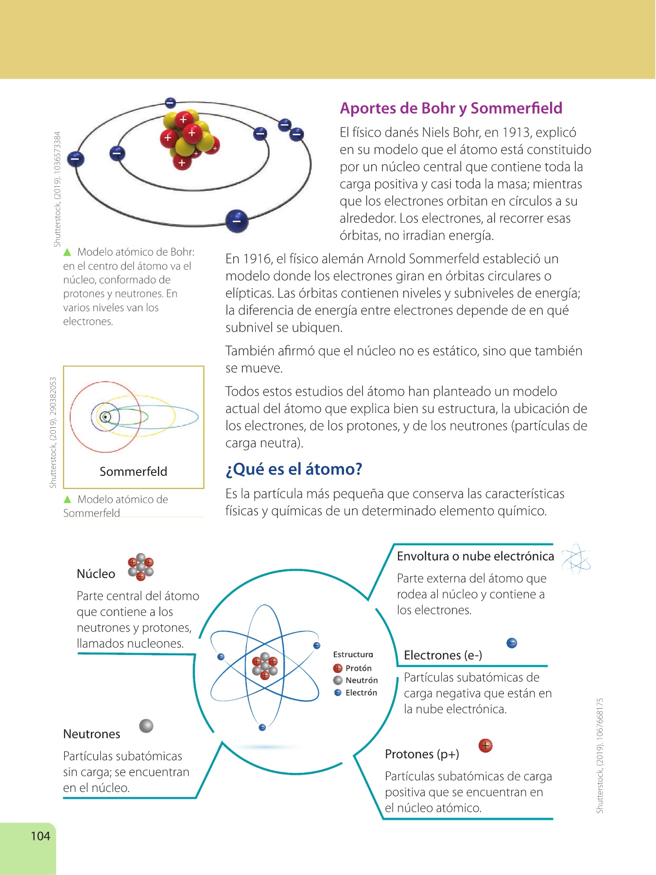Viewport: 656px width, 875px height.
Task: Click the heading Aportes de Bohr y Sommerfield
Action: (451, 108)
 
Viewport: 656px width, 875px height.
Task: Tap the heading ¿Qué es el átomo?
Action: (294, 469)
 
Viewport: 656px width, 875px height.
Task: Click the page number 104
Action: (40, 836)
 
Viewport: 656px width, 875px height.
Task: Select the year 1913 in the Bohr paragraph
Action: (518, 133)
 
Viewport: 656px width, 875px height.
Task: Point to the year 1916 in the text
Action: (257, 259)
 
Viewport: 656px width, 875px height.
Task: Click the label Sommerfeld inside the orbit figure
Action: (133, 472)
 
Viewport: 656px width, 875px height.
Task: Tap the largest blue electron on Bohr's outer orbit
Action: (237, 221)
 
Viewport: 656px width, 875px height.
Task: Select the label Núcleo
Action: (96, 574)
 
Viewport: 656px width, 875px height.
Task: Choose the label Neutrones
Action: (91, 734)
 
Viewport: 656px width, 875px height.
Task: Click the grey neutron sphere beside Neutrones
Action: (146, 726)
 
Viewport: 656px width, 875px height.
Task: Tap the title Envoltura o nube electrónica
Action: (475, 557)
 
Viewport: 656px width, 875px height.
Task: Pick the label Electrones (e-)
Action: (443, 655)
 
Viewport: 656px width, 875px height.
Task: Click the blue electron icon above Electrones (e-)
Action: (512, 643)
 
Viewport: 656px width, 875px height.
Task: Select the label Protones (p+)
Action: (422, 754)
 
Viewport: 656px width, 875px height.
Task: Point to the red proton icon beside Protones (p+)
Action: (485, 745)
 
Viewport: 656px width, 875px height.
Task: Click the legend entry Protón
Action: (358, 668)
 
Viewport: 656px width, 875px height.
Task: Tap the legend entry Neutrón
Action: (361, 681)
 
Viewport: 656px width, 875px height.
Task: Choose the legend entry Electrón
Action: (361, 693)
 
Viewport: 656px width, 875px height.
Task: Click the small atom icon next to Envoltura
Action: (576, 559)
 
